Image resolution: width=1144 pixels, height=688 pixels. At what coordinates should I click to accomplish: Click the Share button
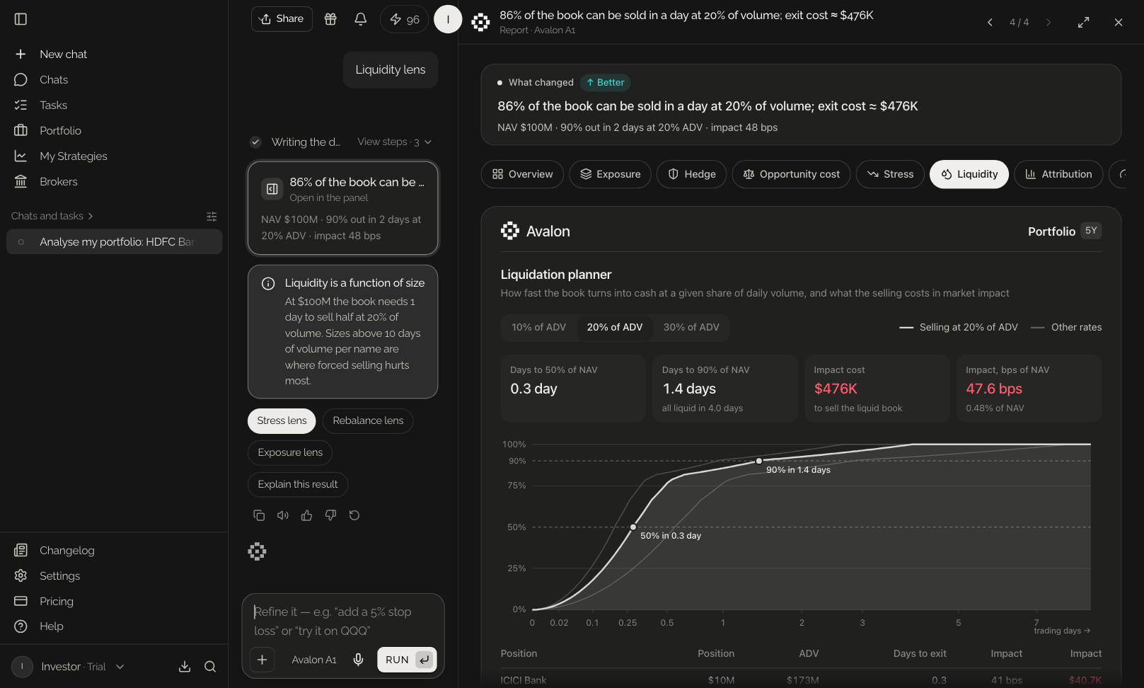point(282,19)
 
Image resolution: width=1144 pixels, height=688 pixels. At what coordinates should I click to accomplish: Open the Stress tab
point(890,174)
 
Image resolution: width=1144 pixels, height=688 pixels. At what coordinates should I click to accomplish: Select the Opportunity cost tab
point(791,174)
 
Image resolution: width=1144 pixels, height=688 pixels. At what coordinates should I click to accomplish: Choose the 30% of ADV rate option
point(691,327)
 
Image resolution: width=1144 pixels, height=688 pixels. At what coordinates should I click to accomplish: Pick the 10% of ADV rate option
point(539,327)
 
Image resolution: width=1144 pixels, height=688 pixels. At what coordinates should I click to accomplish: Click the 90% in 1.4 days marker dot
point(759,461)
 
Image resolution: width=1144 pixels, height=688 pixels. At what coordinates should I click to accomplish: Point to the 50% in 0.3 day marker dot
point(633,527)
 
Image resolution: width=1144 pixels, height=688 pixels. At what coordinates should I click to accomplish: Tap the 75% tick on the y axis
point(516,486)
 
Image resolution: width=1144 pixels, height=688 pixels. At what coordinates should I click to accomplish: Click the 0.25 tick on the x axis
point(628,623)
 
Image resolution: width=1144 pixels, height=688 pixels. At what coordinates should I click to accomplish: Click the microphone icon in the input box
point(359,660)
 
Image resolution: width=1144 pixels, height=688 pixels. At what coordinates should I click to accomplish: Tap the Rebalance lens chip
point(368,420)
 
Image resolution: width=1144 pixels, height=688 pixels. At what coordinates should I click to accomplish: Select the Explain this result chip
point(298,484)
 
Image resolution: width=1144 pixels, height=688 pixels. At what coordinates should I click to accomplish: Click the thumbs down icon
point(330,515)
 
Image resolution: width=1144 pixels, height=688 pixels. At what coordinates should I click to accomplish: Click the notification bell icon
point(361,19)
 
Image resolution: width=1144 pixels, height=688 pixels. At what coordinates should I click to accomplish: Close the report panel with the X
point(1119,22)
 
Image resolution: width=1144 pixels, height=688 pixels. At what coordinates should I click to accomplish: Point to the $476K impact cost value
point(836,389)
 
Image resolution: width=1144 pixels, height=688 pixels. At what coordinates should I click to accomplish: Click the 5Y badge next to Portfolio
point(1091,231)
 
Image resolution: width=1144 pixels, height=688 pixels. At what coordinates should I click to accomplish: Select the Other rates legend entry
point(1066,327)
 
